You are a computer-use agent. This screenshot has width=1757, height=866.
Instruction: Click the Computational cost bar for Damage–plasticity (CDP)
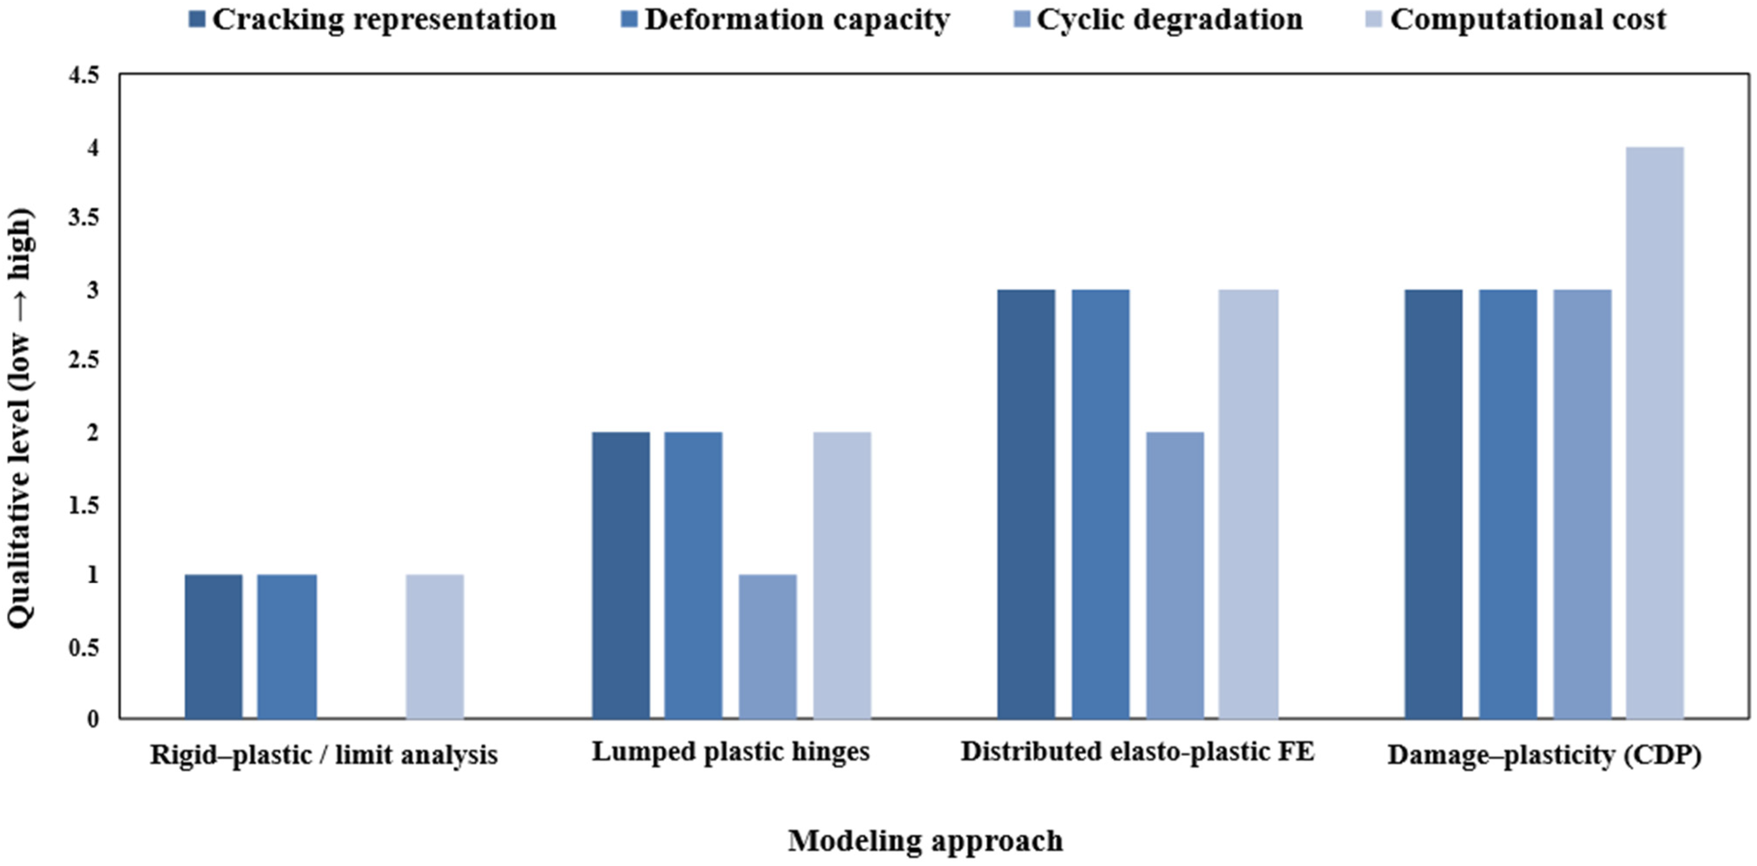[x=1655, y=433]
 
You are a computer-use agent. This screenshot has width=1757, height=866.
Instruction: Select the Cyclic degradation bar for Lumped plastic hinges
[x=767, y=646]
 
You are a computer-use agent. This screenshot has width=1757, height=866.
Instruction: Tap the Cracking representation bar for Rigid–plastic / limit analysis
[x=213, y=646]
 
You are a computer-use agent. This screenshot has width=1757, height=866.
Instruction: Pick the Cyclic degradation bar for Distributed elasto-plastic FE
[x=1175, y=575]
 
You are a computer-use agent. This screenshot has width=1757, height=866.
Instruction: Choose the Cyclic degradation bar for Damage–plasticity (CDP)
[x=1583, y=504]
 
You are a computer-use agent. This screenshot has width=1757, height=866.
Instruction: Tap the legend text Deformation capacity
[x=797, y=19]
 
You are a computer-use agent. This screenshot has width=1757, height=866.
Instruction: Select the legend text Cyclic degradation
[x=1170, y=19]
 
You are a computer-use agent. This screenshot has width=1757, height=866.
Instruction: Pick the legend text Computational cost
[x=1528, y=19]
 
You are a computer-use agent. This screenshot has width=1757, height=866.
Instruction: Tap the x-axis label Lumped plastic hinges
[x=730, y=752]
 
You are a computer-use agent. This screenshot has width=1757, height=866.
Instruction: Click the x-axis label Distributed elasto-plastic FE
[x=1137, y=751]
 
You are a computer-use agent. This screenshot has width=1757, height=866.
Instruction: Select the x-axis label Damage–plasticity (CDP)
[x=1545, y=755]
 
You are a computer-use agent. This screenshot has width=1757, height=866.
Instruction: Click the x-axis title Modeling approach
[x=926, y=841]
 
